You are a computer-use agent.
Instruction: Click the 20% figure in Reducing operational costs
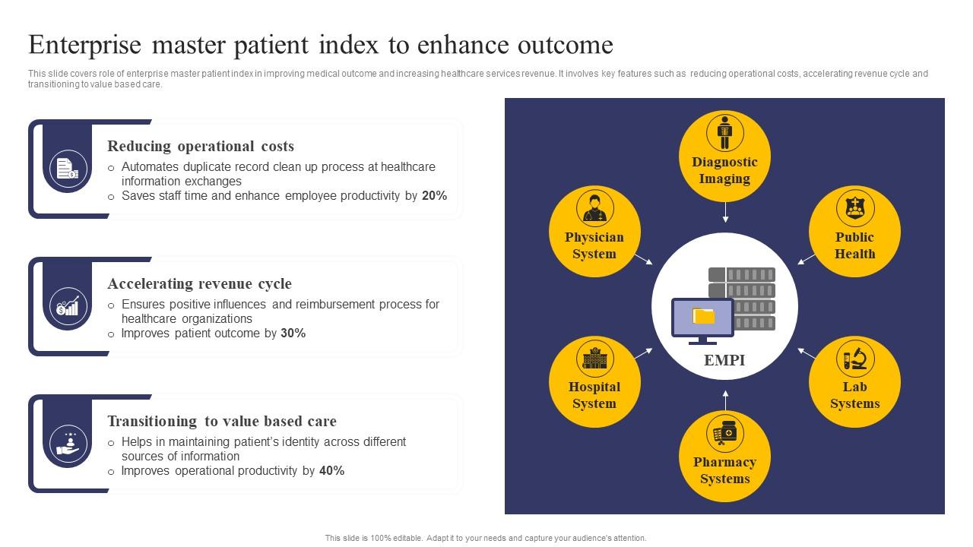click(x=434, y=196)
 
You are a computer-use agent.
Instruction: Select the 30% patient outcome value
click(x=293, y=334)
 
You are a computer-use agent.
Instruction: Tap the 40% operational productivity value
click(x=331, y=471)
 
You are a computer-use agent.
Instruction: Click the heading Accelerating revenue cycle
click(x=199, y=284)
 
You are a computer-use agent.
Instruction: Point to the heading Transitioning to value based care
click(x=221, y=422)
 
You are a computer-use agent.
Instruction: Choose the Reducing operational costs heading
click(x=201, y=147)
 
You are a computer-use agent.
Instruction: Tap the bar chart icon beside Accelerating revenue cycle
click(x=68, y=306)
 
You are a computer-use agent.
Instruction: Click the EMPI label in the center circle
click(x=724, y=360)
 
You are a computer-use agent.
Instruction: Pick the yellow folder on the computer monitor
click(x=704, y=315)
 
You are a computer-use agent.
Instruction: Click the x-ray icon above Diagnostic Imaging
click(x=724, y=133)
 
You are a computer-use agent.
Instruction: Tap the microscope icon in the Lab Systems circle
click(x=855, y=358)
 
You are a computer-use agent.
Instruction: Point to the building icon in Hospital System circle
click(x=594, y=358)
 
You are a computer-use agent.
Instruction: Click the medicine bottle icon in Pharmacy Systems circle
click(x=724, y=434)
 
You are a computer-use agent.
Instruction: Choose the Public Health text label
click(x=854, y=245)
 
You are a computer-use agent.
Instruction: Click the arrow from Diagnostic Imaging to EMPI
click(x=725, y=212)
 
